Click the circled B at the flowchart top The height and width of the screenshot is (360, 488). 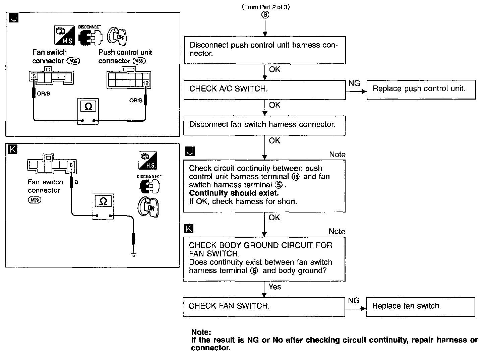click(x=265, y=15)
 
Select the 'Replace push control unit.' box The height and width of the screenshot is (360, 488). click(x=421, y=89)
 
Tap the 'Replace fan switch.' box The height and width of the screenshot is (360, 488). click(x=420, y=307)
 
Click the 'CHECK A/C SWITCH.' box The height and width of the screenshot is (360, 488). click(x=264, y=90)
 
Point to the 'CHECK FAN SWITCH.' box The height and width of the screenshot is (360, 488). click(x=264, y=307)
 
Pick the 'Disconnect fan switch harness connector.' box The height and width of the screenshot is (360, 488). click(x=264, y=125)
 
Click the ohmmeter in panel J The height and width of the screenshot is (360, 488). click(x=88, y=111)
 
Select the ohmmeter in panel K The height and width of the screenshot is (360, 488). click(x=103, y=206)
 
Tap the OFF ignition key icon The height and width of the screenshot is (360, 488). click(x=117, y=36)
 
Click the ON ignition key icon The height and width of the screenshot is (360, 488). click(x=148, y=207)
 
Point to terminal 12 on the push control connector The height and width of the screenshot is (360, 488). click(x=146, y=83)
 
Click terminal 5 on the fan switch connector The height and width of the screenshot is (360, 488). click(x=34, y=76)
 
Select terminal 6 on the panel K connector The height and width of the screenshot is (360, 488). click(x=71, y=165)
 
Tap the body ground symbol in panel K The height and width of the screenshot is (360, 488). click(x=134, y=255)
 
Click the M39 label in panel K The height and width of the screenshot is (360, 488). click(x=35, y=200)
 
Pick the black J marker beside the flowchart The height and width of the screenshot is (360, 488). click(x=190, y=151)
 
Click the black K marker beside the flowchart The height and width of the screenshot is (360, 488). click(x=188, y=228)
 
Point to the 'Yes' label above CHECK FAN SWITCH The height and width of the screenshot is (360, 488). click(x=275, y=287)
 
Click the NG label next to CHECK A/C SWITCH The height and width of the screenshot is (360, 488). click(x=355, y=83)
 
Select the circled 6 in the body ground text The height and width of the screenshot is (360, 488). click(x=254, y=271)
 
